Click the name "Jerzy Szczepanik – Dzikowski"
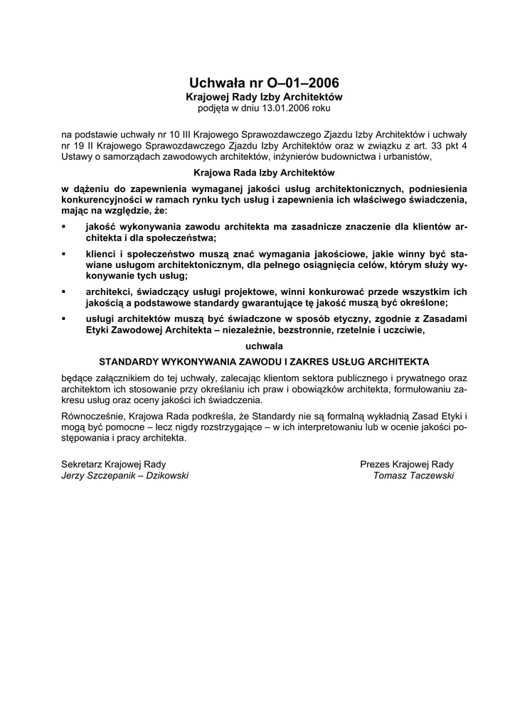(x=125, y=476)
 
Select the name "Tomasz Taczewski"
(x=413, y=476)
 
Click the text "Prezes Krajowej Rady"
(x=407, y=464)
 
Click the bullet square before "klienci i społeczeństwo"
(x=65, y=253)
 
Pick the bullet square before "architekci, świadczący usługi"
(x=65, y=291)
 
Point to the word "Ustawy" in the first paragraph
(x=77, y=156)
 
